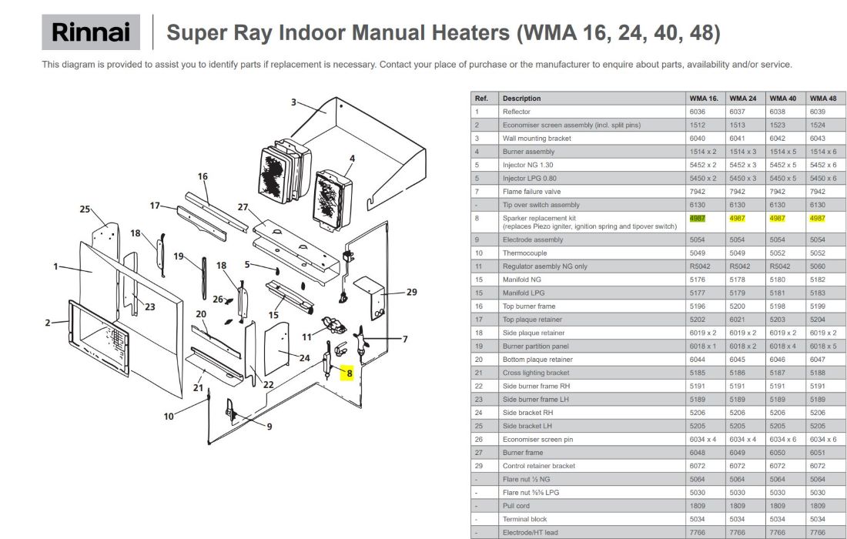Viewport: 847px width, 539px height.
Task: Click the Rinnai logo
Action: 91,32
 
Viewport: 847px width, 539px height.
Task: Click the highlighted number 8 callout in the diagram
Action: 349,373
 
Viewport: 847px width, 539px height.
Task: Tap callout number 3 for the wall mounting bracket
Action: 293,102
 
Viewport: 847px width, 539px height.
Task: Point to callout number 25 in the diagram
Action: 85,209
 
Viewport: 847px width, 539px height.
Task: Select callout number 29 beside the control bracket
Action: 412,292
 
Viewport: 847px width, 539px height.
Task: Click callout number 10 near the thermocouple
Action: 169,417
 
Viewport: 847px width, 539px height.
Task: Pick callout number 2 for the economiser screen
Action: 48,323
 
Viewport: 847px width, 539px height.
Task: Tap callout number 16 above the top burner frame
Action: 203,176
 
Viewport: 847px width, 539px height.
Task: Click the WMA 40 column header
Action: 783,99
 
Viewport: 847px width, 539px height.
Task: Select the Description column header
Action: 521,99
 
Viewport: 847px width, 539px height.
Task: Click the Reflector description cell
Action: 516,112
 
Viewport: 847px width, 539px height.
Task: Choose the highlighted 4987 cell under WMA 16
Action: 698,218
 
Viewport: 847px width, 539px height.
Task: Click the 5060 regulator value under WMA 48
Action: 817,266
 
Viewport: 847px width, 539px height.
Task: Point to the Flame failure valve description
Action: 531,192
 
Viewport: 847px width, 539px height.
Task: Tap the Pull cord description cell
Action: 516,506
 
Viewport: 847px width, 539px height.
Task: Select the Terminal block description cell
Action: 524,519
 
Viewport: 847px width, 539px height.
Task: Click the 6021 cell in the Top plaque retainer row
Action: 737,320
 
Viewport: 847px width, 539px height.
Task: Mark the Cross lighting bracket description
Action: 536,373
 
